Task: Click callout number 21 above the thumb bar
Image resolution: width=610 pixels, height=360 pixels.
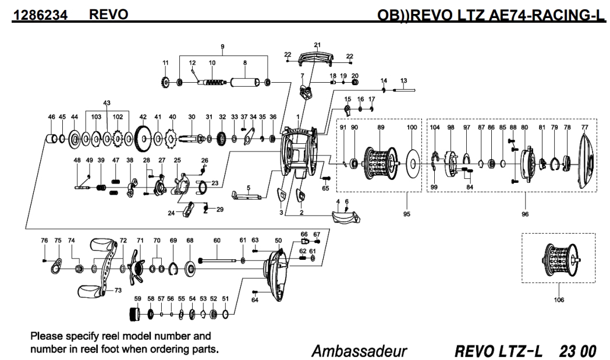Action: (x=317, y=45)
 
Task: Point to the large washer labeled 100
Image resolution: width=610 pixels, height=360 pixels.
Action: (x=412, y=160)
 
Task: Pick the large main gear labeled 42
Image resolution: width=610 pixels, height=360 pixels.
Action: (x=143, y=139)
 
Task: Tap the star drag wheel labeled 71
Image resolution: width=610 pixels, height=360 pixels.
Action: (x=138, y=268)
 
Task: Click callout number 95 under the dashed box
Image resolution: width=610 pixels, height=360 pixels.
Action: (x=406, y=214)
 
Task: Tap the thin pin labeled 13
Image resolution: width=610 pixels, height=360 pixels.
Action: (x=404, y=90)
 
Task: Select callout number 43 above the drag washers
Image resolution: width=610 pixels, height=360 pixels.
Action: (x=107, y=103)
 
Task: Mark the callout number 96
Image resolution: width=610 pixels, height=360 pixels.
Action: (x=526, y=214)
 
